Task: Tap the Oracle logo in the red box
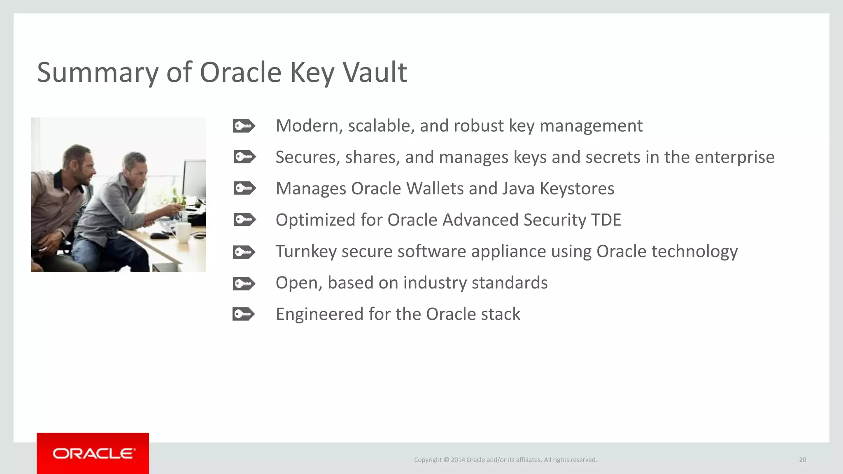pyautogui.click(x=93, y=453)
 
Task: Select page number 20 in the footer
pyautogui.click(x=802, y=460)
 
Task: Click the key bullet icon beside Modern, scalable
pyautogui.click(x=244, y=126)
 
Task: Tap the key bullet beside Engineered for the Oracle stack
pyautogui.click(x=244, y=314)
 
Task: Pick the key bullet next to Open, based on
pyautogui.click(x=244, y=283)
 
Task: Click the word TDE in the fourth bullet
pyautogui.click(x=606, y=220)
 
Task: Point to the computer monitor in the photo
pyautogui.click(x=194, y=181)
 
